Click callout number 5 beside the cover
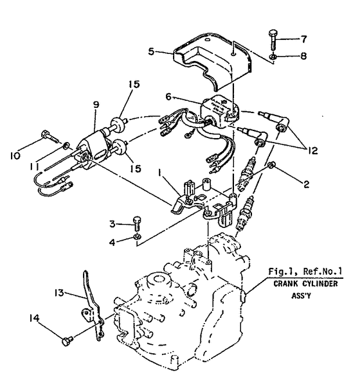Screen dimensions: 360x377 click(x=151, y=51)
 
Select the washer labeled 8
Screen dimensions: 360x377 click(x=273, y=57)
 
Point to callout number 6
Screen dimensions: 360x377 click(x=168, y=96)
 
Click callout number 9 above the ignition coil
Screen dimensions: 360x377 click(x=96, y=105)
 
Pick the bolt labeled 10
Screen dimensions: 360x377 click(x=50, y=137)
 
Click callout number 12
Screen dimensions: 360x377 click(x=312, y=151)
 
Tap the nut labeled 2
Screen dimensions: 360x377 click(x=271, y=165)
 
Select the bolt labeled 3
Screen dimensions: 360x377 click(x=137, y=224)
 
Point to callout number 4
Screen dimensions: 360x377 click(x=112, y=242)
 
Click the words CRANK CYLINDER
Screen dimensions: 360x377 click(x=305, y=284)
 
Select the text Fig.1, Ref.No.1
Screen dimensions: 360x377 click(x=305, y=272)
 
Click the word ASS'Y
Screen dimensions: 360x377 click(x=301, y=295)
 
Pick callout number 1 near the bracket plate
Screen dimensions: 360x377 click(x=159, y=172)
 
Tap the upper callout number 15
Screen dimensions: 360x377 click(x=134, y=84)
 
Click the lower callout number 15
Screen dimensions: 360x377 click(x=135, y=168)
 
